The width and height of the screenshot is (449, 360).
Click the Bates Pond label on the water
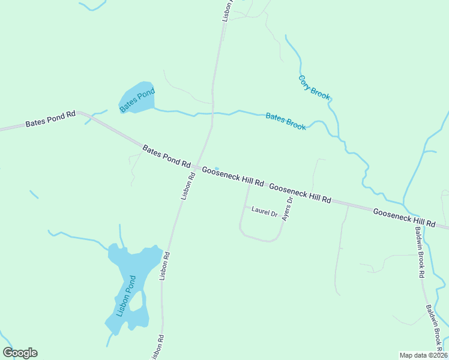(x=137, y=100)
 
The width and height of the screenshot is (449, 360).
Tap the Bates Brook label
(x=286, y=121)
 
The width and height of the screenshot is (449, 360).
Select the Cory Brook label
(x=314, y=88)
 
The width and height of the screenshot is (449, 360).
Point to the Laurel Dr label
(x=264, y=212)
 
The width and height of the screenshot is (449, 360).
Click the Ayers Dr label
(x=287, y=209)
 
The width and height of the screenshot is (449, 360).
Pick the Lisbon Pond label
(x=127, y=296)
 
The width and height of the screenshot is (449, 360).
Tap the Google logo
(x=20, y=353)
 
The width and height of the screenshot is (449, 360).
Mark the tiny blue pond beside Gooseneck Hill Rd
(x=216, y=168)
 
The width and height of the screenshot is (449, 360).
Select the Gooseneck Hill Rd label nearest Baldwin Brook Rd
(x=404, y=217)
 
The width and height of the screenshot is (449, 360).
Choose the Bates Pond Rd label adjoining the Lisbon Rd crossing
(x=166, y=156)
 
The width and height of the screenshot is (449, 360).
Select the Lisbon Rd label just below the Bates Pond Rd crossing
(x=188, y=187)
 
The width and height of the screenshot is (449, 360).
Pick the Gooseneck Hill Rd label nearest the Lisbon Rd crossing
(x=233, y=176)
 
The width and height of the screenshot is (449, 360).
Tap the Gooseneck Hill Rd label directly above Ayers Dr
(x=300, y=193)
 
